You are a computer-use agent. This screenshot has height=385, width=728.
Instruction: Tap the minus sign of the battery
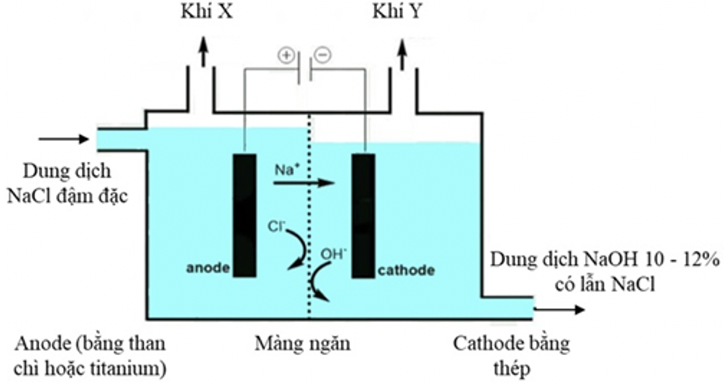pyautogui.click(x=323, y=56)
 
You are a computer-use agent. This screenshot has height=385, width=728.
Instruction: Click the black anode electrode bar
pyautogui.click(x=244, y=216)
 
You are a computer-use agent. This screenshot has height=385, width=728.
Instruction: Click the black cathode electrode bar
pyautogui.click(x=363, y=216)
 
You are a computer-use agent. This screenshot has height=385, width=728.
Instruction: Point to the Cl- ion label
pyautogui.click(x=275, y=227)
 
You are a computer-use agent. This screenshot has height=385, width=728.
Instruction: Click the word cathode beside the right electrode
pyautogui.click(x=406, y=271)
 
